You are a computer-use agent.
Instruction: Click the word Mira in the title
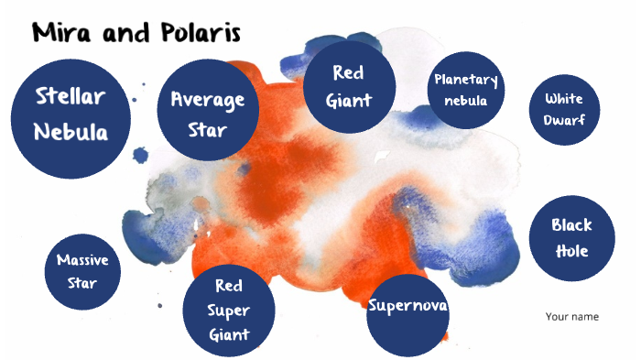(62, 34)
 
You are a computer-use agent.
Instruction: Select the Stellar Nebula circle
(71, 113)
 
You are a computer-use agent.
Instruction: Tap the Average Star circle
(207, 113)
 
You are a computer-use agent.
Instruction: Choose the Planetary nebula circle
(467, 90)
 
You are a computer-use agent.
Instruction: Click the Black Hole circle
(571, 237)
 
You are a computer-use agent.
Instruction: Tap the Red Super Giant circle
(229, 310)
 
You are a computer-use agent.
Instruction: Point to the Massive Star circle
(82, 270)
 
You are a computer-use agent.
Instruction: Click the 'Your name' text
(571, 317)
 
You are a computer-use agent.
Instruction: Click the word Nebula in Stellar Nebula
(71, 132)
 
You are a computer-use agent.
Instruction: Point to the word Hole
(571, 250)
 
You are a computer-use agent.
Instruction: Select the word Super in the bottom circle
(229, 310)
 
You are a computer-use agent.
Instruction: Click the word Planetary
(467, 81)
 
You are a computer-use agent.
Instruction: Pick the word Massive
(82, 260)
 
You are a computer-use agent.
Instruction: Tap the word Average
(208, 99)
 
